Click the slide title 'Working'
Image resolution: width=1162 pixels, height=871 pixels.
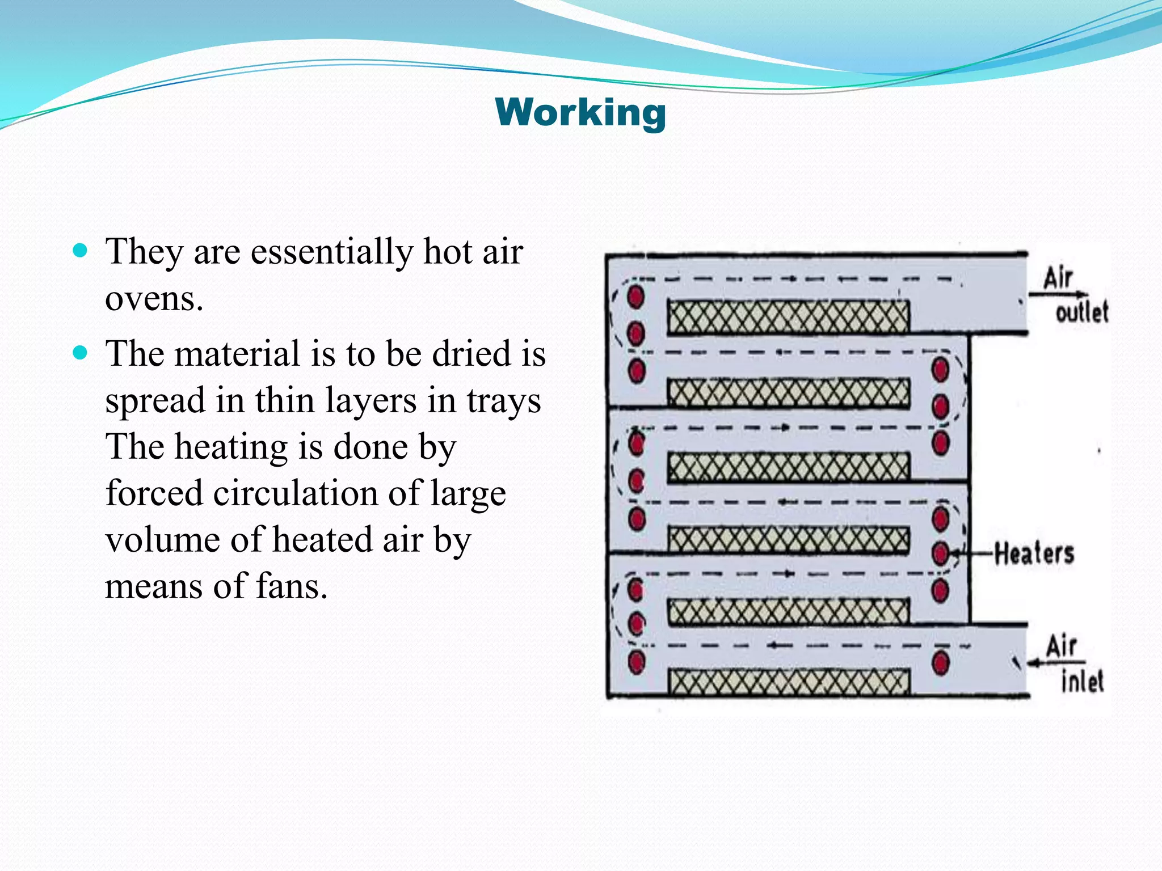pyautogui.click(x=580, y=112)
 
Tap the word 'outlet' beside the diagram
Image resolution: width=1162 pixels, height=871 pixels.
pyautogui.click(x=1081, y=312)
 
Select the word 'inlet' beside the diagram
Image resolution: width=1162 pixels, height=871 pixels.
pyautogui.click(x=1082, y=681)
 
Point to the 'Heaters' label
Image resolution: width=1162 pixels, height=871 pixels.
pyautogui.click(x=1034, y=553)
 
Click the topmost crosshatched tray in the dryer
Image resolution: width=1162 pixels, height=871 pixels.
pyautogui.click(x=788, y=316)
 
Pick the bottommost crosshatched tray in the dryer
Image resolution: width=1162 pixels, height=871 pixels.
pyautogui.click(x=788, y=682)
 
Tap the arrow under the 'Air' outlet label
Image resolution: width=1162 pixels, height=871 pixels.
pyautogui.click(x=1058, y=294)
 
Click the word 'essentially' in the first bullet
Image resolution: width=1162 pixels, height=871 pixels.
pyautogui.click(x=332, y=252)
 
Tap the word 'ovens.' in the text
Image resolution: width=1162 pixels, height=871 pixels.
pyautogui.click(x=154, y=298)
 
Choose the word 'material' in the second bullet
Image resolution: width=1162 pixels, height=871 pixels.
pyautogui.click(x=237, y=354)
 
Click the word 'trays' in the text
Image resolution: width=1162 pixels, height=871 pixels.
pyautogui.click(x=504, y=401)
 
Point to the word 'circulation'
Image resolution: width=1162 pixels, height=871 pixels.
pyautogui.click(x=295, y=493)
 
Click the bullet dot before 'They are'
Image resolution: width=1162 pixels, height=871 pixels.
pyautogui.click(x=81, y=251)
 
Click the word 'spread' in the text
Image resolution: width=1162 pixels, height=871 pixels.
pyautogui.click(x=155, y=401)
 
